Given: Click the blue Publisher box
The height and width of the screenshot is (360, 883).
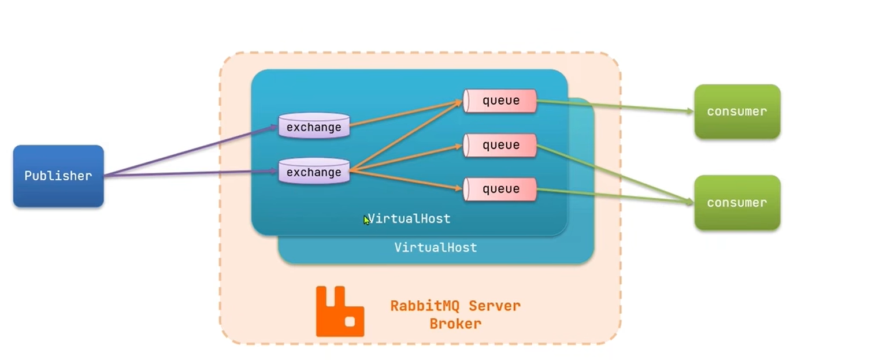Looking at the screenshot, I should (x=58, y=176).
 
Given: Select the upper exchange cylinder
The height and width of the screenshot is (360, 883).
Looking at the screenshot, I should (x=314, y=127).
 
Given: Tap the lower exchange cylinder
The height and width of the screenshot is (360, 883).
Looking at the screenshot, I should (x=314, y=172).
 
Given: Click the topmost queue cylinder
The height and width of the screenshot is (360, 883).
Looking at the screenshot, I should (x=500, y=101).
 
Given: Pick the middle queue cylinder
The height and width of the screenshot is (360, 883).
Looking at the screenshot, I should (x=500, y=145).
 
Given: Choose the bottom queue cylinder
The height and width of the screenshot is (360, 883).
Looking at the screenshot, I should (x=500, y=189).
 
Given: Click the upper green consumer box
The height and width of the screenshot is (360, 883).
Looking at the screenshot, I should (x=737, y=112).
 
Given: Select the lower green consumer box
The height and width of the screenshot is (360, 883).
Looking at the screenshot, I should (x=737, y=203).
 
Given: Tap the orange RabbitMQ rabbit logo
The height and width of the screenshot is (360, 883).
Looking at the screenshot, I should (x=340, y=312).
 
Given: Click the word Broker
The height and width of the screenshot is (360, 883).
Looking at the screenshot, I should (x=455, y=324).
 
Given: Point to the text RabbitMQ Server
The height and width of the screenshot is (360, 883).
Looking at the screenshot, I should (x=455, y=305).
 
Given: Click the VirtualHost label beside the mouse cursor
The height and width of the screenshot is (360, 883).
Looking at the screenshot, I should (x=409, y=219).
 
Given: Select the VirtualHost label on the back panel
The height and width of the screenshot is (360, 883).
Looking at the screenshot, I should (x=436, y=247).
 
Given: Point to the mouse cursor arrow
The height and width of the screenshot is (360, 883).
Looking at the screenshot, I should (x=366, y=220).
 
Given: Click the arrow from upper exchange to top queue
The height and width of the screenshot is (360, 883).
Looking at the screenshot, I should (x=405, y=114).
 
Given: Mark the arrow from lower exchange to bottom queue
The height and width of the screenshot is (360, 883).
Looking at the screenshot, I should (x=405, y=179).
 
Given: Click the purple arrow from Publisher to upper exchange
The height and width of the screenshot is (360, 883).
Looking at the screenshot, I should (x=191, y=151).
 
